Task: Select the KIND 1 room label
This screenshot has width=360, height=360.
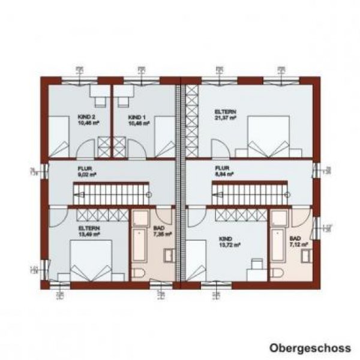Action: click(x=138, y=118)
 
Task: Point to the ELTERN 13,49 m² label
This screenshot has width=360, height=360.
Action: click(x=88, y=232)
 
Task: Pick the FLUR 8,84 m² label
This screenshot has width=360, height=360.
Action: click(x=223, y=172)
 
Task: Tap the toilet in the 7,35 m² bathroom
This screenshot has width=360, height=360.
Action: click(x=138, y=274)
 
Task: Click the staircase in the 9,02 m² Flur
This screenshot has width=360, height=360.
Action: click(x=111, y=193)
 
